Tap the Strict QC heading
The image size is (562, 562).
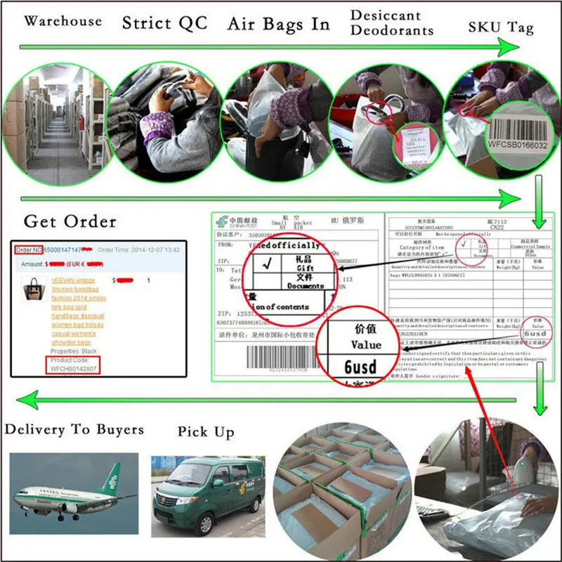(164, 22)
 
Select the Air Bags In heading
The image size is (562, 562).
(278, 24)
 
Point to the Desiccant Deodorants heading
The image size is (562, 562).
(392, 22)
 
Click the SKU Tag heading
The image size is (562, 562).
(501, 28)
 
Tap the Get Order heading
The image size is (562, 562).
(70, 222)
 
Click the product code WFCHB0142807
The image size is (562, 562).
(72, 367)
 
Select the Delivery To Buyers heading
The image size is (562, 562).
(74, 429)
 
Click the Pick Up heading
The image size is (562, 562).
(206, 432)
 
